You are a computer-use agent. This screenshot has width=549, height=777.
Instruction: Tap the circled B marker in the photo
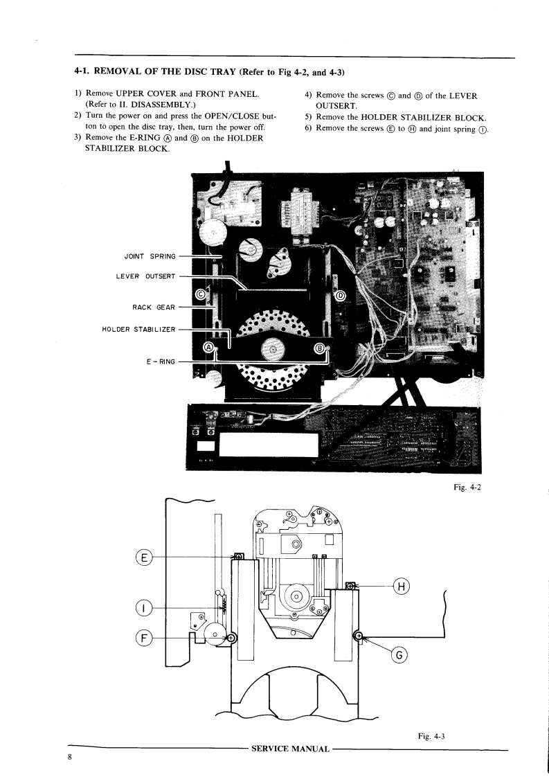[x=320, y=348]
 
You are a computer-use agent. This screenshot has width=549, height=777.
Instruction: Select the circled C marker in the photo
[x=200, y=294]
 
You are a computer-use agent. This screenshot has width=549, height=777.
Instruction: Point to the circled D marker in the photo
[x=340, y=296]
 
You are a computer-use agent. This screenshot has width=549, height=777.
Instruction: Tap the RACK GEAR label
[x=154, y=307]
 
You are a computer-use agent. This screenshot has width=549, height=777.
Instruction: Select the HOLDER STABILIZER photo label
[x=138, y=329]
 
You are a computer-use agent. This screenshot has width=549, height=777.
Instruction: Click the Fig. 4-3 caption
[x=433, y=736]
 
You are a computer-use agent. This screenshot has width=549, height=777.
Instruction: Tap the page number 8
[x=70, y=758]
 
